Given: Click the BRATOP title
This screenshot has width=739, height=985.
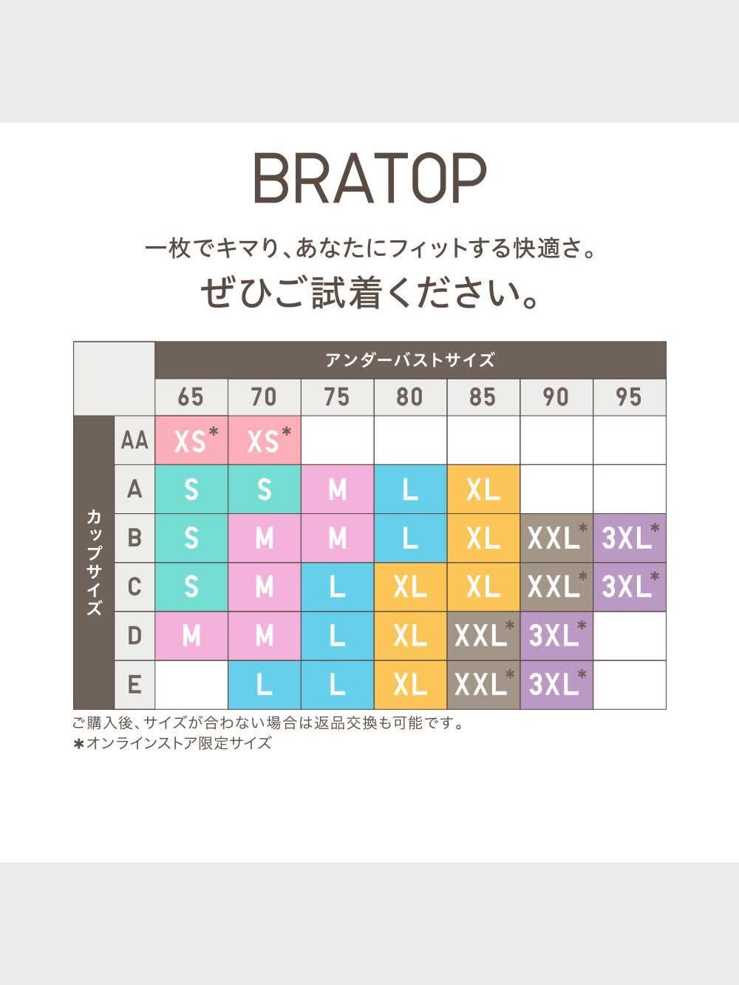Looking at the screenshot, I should (369, 179).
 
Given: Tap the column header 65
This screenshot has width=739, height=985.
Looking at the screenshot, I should (191, 397).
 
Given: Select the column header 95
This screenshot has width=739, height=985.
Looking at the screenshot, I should (629, 397).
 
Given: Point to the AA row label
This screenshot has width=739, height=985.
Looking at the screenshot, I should (134, 441).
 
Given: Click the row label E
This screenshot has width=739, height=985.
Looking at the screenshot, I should (134, 685).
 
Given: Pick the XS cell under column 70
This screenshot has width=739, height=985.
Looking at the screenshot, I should (265, 441).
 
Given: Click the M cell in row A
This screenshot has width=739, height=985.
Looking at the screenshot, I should (337, 490).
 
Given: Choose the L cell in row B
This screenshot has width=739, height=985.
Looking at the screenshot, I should (410, 538).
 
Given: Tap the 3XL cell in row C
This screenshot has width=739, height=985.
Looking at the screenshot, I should (629, 587).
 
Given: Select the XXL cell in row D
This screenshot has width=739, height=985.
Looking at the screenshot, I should (483, 636).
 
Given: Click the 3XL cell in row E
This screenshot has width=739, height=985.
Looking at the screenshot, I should (556, 685).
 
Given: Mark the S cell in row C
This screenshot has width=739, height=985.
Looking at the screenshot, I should (191, 587).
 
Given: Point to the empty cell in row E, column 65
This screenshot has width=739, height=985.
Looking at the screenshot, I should (191, 685).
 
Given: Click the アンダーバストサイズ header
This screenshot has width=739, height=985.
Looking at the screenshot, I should (410, 360).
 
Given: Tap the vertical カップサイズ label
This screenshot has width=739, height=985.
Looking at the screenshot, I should (94, 562).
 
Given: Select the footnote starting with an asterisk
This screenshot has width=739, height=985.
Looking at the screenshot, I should (172, 744).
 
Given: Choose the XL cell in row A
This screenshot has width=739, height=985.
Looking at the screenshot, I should (483, 490).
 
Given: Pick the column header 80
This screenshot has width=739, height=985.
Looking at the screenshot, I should (410, 397).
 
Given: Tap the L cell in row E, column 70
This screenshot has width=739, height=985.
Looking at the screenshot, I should (265, 685).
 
